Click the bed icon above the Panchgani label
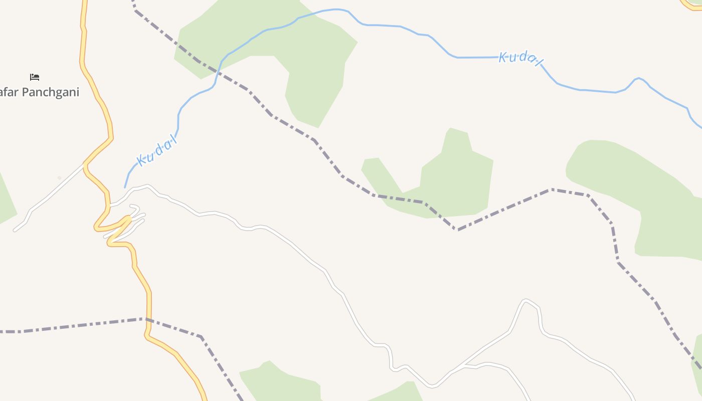click(x=35, y=77)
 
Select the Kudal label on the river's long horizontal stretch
click(x=520, y=58)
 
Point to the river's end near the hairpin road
click(x=125, y=187)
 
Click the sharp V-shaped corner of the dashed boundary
click(x=455, y=230)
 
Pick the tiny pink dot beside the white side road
click(x=59, y=177)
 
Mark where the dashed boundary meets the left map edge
click(x=2, y=332)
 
